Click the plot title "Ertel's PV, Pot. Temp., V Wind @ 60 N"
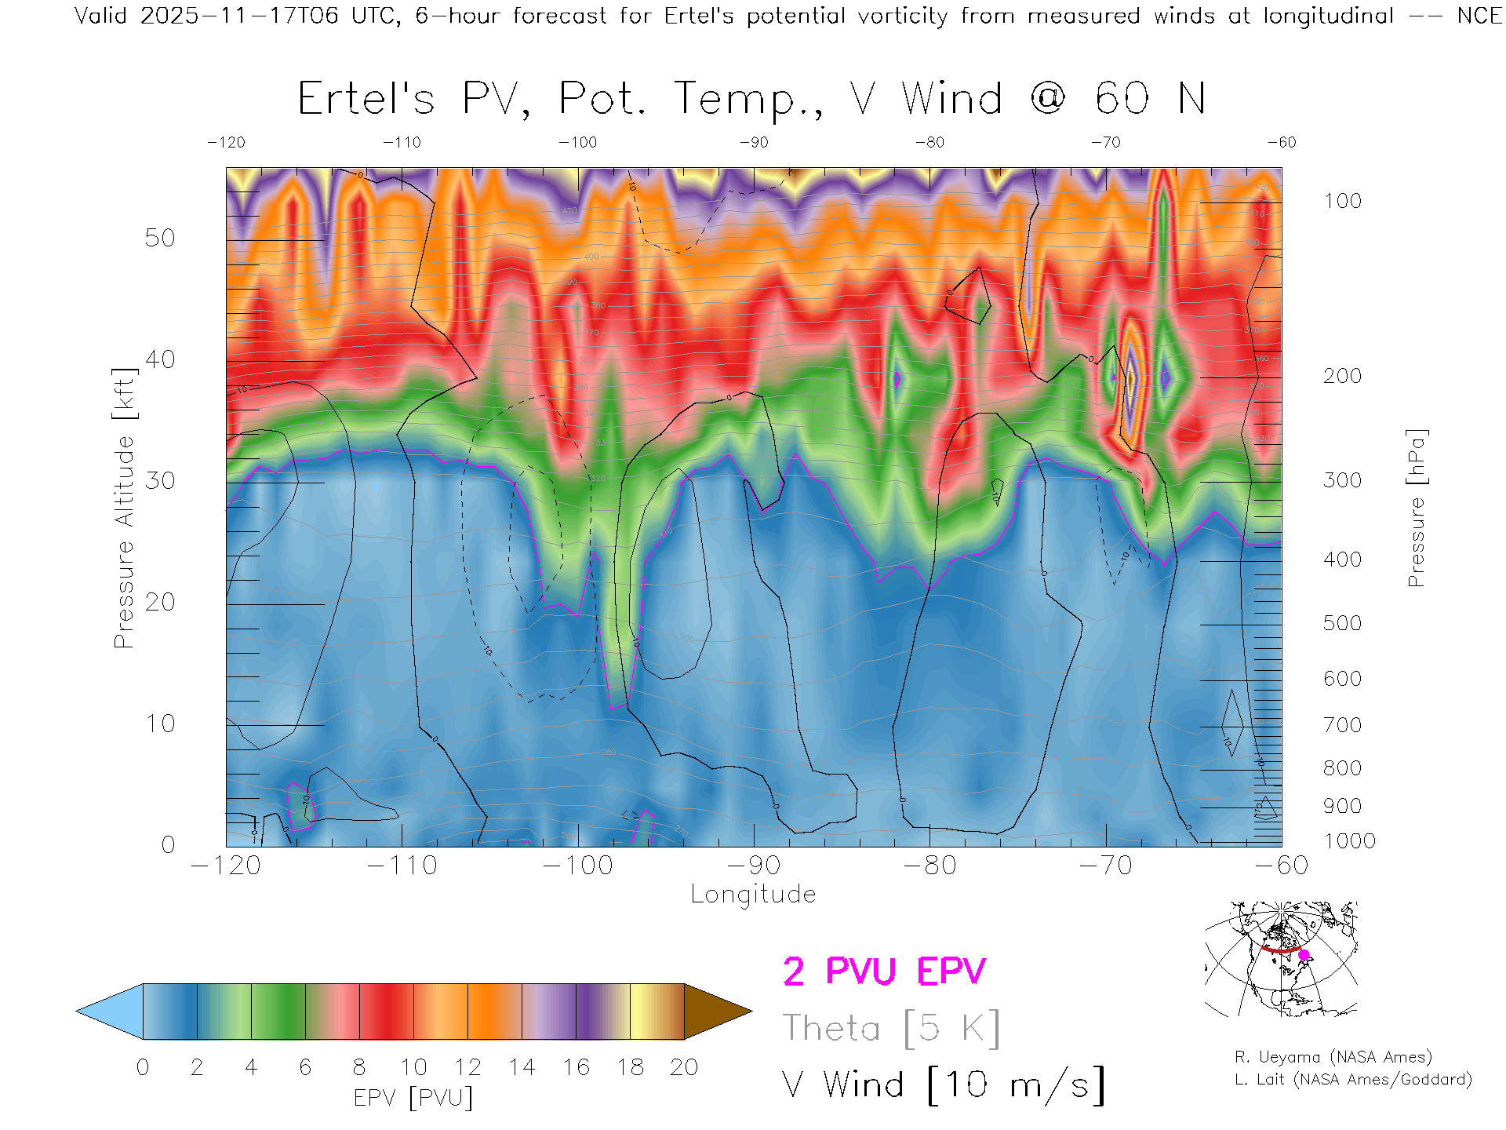pos(751,99)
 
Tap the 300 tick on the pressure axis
pos(1342,480)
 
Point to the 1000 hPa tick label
pos(1349,841)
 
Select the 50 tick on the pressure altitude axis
pos(159,238)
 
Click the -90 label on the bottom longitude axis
pos(753,866)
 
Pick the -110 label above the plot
pos(402,143)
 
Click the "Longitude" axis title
pos(753,895)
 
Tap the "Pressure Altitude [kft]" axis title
pos(124,508)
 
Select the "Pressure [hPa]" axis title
pos(1416,508)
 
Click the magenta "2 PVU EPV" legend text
pos(884,971)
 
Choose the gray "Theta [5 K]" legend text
pos(891,1028)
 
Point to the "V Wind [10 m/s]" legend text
pos(944,1085)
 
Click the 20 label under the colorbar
pos(684,1067)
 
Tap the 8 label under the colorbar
pos(359,1067)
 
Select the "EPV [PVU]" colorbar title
pos(413,1098)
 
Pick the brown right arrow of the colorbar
pos(715,1012)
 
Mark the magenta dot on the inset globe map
pos(1304,955)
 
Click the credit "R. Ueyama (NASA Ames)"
pos(1333,1057)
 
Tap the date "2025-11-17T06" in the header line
pos(239,16)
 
